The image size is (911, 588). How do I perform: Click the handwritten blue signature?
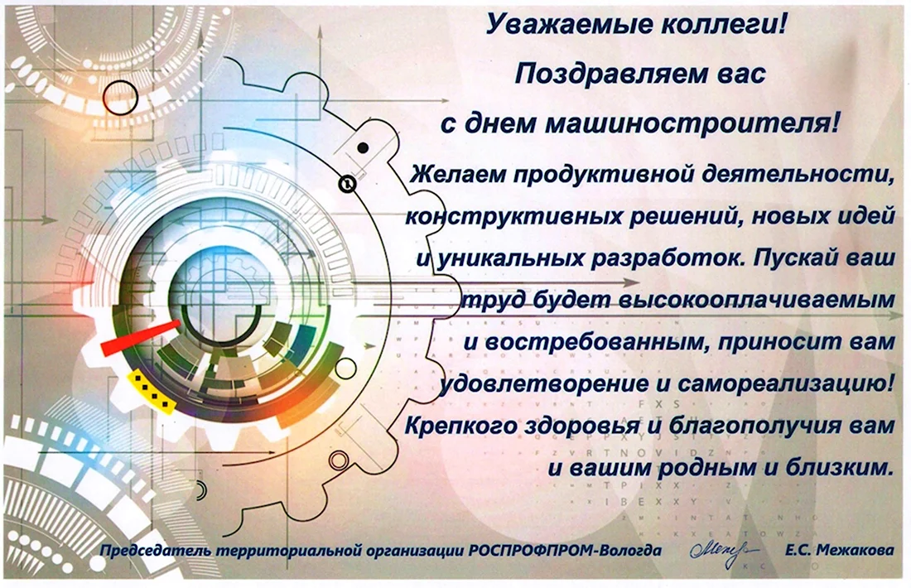(x=723, y=549)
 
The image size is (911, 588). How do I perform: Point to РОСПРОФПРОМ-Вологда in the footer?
(x=565, y=550)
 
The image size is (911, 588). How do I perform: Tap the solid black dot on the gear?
(x=363, y=147)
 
